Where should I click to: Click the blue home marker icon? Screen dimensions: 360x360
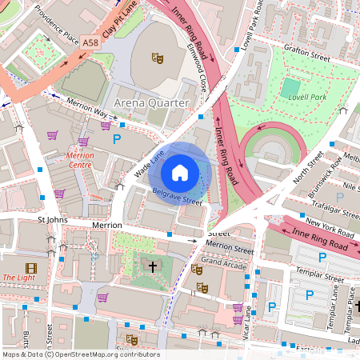point(180,172)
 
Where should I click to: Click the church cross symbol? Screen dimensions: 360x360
point(152,266)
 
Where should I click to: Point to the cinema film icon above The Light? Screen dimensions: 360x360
point(30,268)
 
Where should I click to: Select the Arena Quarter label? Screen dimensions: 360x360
point(152,103)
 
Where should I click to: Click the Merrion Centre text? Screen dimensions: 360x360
point(81,160)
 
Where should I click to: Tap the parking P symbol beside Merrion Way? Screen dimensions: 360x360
point(117,139)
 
